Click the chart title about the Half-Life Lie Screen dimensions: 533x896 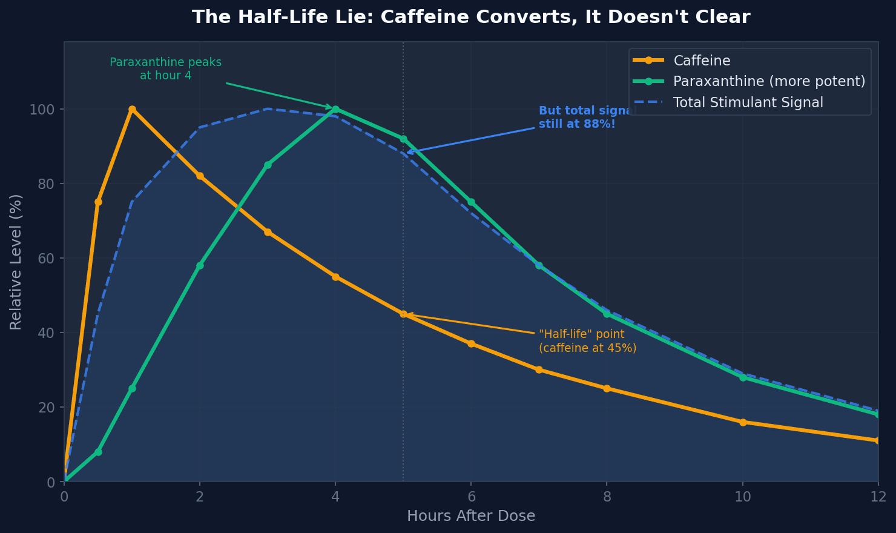pos(471,17)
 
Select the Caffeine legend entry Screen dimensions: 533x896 pos(701,61)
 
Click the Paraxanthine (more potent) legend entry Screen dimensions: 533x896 pos(769,81)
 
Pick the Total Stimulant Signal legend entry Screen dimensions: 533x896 pos(748,102)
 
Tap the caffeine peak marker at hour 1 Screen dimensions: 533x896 pos(132,109)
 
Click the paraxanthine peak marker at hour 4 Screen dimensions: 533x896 pos(335,109)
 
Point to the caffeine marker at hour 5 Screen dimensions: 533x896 pos(403,314)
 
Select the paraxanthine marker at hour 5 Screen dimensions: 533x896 pos(403,139)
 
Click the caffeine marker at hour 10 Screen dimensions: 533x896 pos(743,422)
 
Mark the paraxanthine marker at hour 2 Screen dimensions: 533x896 pos(200,265)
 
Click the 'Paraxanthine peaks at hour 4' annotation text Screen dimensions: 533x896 pos(165,69)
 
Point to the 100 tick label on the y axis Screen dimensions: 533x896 pos(42,109)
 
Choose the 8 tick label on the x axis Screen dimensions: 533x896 pos(607,497)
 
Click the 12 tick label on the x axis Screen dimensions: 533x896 pos(878,497)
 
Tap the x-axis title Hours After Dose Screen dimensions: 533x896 pos(471,516)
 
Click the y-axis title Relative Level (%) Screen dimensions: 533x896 pos(16,262)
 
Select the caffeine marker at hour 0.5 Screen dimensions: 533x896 pos(98,202)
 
